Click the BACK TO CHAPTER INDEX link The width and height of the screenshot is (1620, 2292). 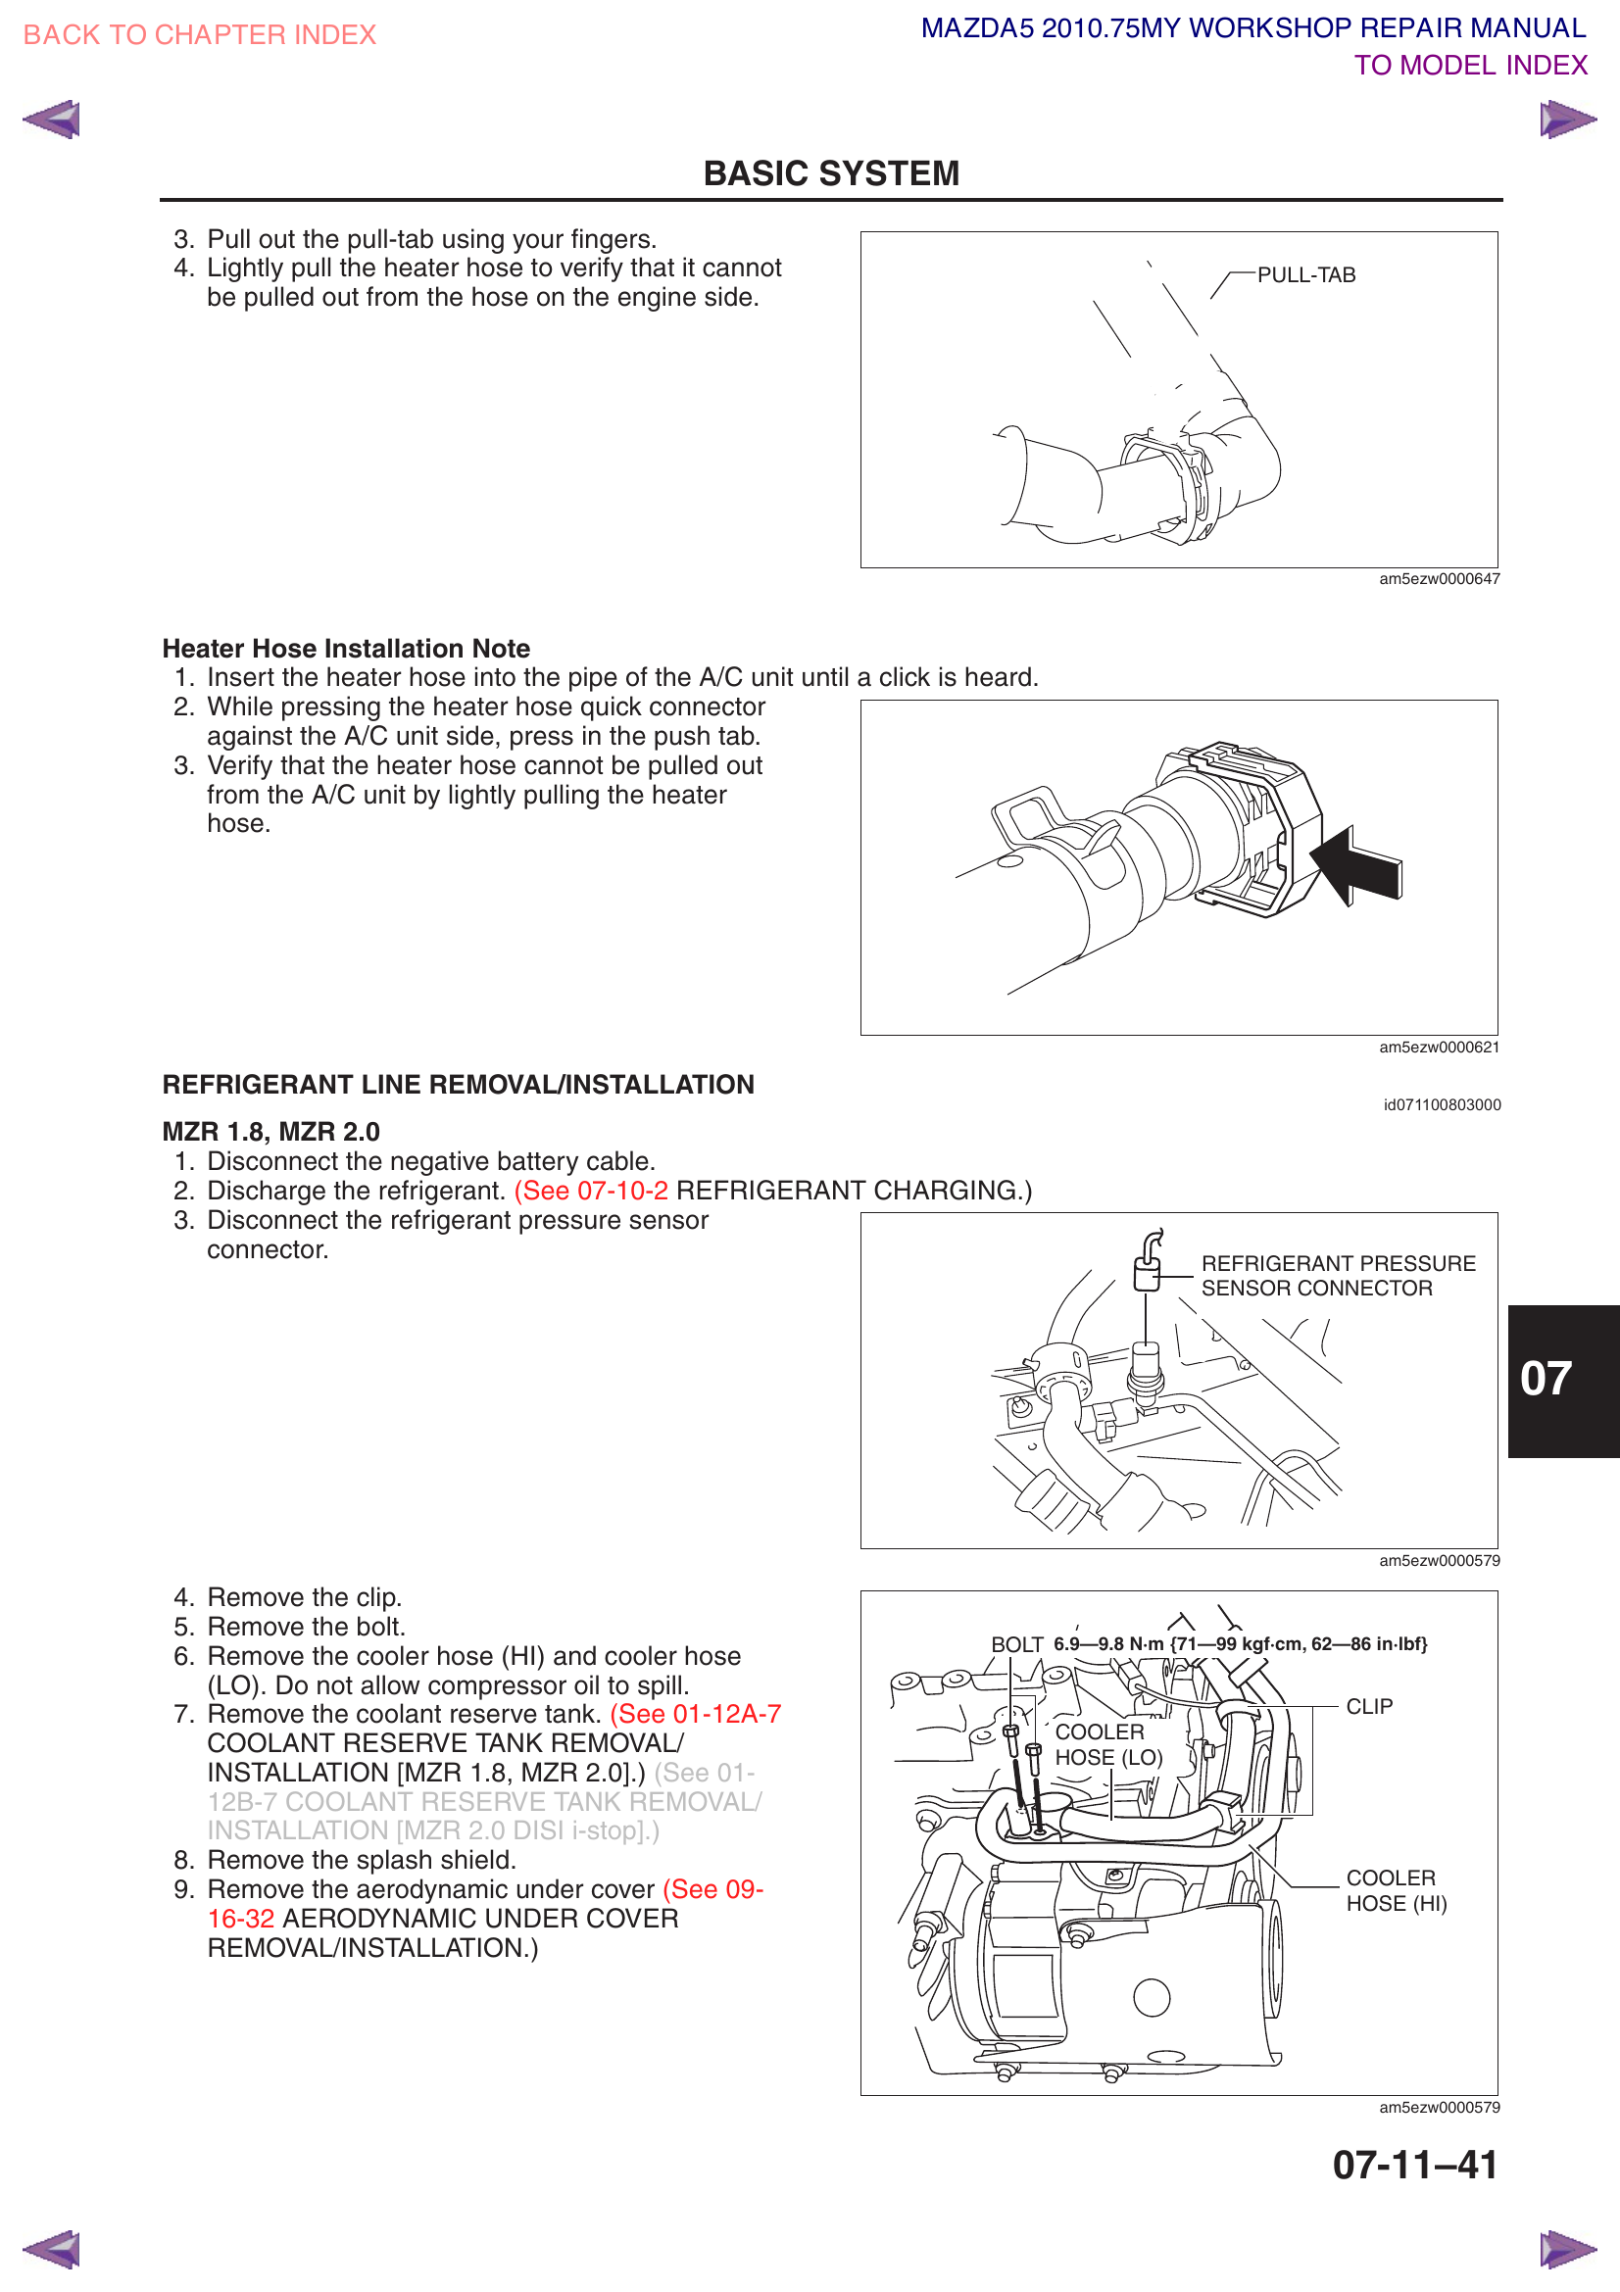[x=199, y=35]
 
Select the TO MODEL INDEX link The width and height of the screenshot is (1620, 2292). [x=1469, y=65]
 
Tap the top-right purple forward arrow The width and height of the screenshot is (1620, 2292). [x=1566, y=120]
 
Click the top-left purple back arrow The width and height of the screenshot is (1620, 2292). [x=52, y=120]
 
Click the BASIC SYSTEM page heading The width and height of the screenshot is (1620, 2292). [x=830, y=173]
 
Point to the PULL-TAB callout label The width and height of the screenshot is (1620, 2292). [x=1305, y=275]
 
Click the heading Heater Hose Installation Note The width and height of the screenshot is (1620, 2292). [x=345, y=649]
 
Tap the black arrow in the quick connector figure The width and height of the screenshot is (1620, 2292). [x=1357, y=865]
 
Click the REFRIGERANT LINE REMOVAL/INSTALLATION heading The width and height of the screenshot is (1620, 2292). [x=458, y=1085]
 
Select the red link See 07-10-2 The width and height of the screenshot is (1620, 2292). [x=591, y=1191]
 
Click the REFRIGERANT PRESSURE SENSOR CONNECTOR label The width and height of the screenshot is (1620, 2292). [x=1337, y=1276]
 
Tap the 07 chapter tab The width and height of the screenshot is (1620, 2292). [x=1546, y=1379]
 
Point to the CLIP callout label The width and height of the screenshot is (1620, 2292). [x=1368, y=1707]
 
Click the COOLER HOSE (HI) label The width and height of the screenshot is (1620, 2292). [x=1395, y=1890]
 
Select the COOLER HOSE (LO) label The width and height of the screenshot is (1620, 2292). [x=1108, y=1745]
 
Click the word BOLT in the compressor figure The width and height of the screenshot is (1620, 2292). [x=1016, y=1644]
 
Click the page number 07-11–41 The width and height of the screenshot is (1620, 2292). [x=1414, y=2166]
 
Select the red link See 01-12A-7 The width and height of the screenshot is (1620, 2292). [x=696, y=1714]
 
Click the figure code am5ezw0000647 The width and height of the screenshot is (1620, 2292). [x=1439, y=579]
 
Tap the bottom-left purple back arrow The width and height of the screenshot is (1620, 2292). [x=52, y=2250]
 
